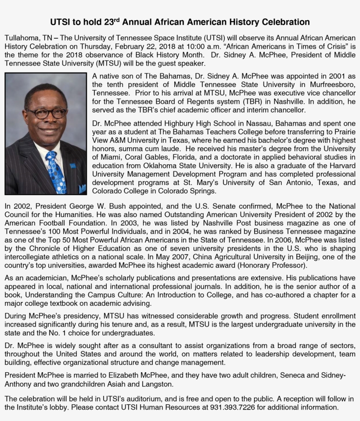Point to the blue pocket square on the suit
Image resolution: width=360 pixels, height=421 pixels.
click(x=82, y=189)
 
